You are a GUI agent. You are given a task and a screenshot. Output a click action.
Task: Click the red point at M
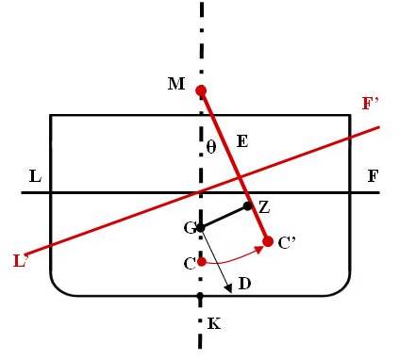201,90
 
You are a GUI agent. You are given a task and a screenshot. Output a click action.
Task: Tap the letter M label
175,85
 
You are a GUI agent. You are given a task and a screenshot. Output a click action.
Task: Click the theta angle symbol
212,147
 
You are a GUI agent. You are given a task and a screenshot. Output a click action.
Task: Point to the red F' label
371,104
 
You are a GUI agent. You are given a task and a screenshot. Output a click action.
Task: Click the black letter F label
373,176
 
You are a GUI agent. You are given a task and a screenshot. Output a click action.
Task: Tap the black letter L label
35,176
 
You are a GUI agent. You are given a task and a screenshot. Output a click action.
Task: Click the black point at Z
248,205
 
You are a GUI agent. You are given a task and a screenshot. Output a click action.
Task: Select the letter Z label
263,205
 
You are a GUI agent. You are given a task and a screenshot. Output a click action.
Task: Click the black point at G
200,227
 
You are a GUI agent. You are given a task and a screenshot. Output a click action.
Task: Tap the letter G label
188,227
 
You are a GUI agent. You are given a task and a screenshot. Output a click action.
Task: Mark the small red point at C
201,261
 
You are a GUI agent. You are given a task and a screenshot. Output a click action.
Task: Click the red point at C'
268,241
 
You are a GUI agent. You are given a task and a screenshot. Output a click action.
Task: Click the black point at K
200,296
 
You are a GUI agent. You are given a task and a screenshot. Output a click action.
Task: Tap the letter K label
213,322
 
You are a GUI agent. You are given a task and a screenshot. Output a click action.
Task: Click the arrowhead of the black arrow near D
226,288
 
